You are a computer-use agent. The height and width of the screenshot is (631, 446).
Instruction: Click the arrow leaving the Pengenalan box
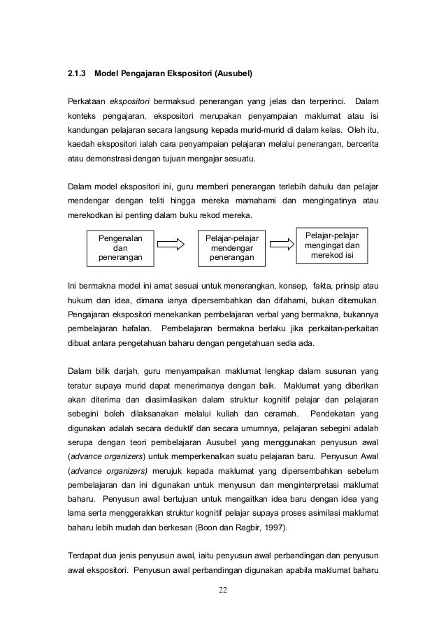[170, 244]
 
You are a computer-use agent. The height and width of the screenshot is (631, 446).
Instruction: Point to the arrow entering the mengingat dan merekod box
[282, 244]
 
